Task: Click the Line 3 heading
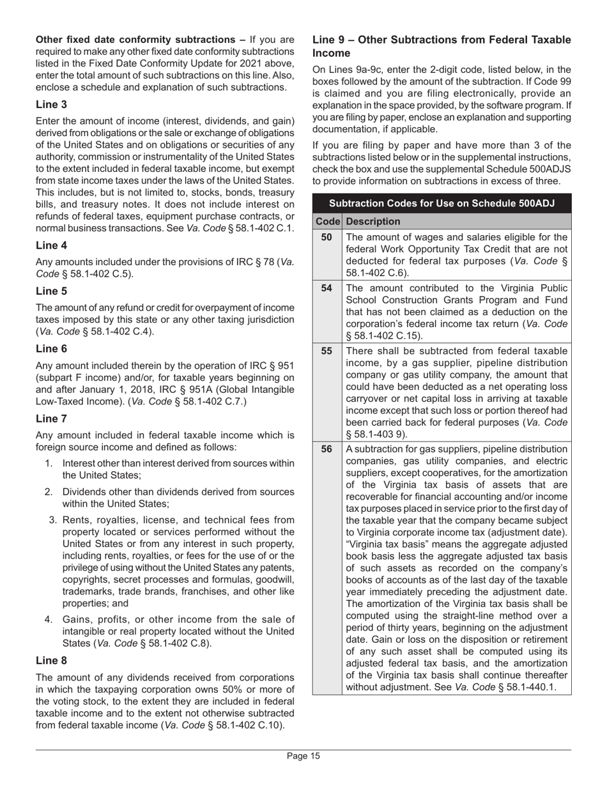(x=51, y=104)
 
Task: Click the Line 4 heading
(x=51, y=245)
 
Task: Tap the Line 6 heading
(x=51, y=348)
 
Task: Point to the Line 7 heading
(x=51, y=419)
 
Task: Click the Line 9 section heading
(x=442, y=46)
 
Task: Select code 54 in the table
(x=327, y=288)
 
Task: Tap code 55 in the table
(x=327, y=351)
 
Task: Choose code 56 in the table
(x=327, y=449)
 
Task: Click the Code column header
(x=327, y=221)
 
